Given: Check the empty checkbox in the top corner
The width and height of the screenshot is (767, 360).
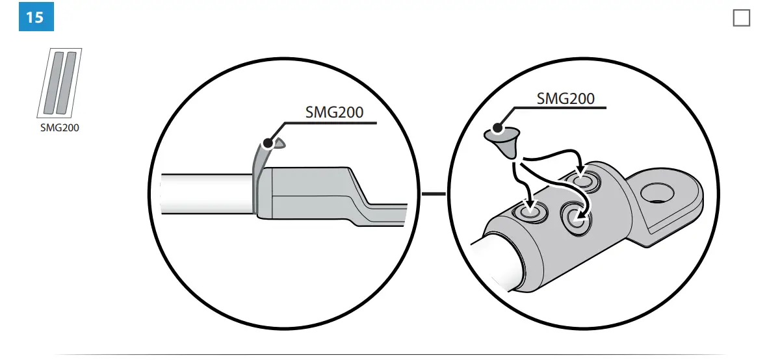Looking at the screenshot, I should [741, 18].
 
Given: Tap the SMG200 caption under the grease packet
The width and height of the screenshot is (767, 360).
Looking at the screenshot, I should [59, 128].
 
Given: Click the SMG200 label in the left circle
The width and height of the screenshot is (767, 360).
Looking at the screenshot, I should [334, 112].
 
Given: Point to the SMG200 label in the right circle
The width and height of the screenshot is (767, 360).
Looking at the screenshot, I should [565, 99].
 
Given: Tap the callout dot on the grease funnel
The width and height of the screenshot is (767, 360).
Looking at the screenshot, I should [498, 128].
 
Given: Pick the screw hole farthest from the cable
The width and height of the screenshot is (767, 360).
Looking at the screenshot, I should [585, 181].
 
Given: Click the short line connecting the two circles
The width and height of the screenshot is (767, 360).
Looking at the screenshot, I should [434, 194].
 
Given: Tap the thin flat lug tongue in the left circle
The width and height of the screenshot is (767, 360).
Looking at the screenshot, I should [383, 212].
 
